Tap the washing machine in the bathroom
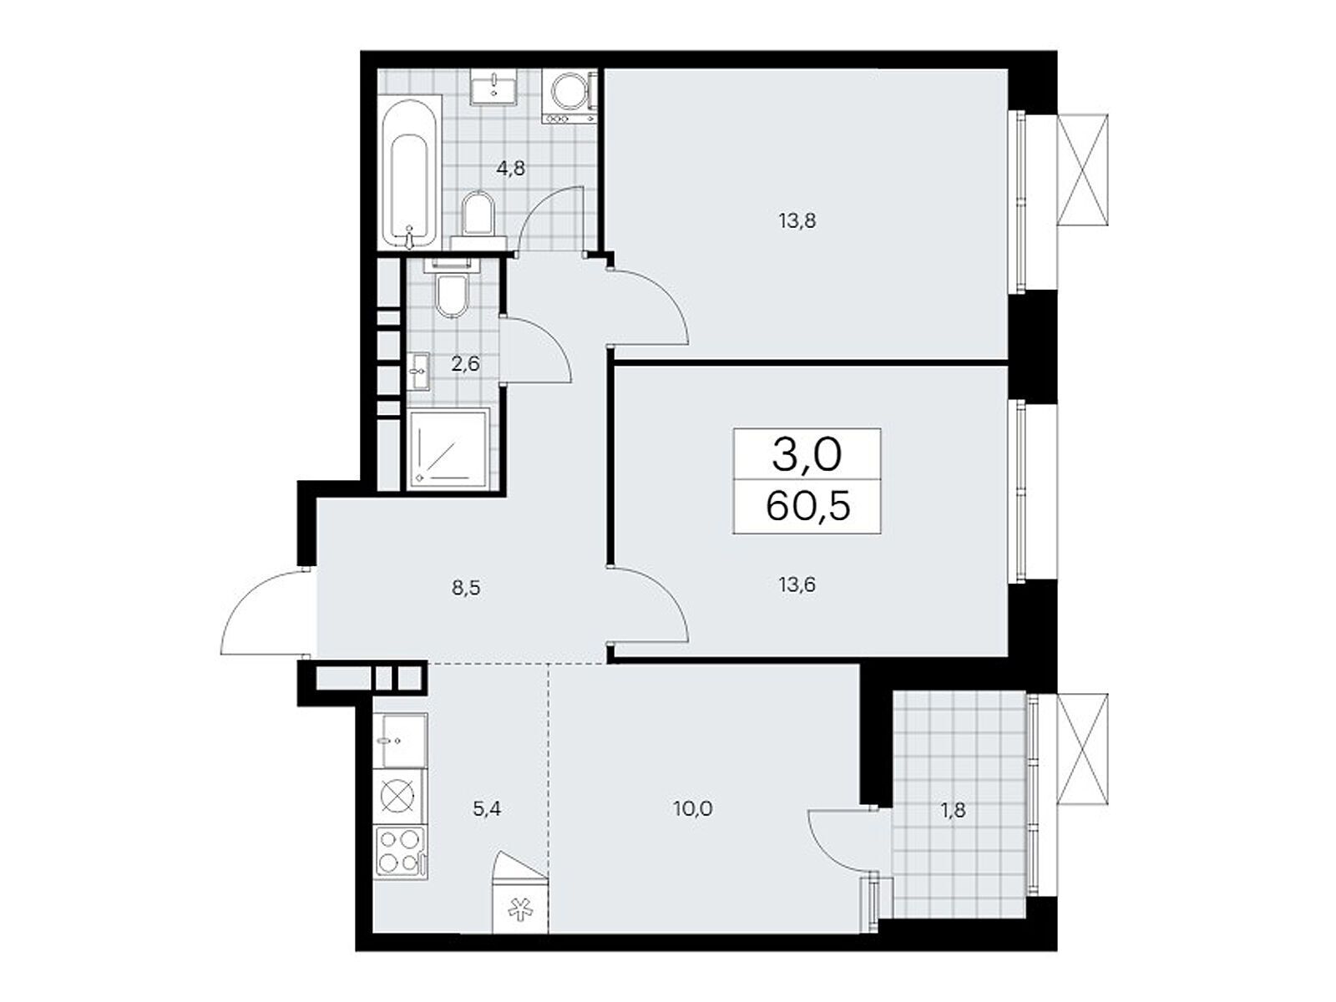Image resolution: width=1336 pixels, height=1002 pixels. [572, 98]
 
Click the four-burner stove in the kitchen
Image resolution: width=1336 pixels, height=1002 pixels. [400, 851]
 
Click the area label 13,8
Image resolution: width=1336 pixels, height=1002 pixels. [797, 220]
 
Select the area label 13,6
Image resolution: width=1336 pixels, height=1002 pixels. [797, 584]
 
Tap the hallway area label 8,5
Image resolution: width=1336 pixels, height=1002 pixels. [465, 589]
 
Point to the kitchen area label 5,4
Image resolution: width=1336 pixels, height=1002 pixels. [486, 809]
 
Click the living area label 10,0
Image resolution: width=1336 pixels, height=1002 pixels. [693, 809]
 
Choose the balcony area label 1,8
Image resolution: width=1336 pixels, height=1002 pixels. [954, 810]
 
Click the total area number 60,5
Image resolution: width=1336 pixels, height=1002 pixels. [807, 506]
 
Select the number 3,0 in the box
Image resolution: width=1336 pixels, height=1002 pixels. [807, 456]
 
